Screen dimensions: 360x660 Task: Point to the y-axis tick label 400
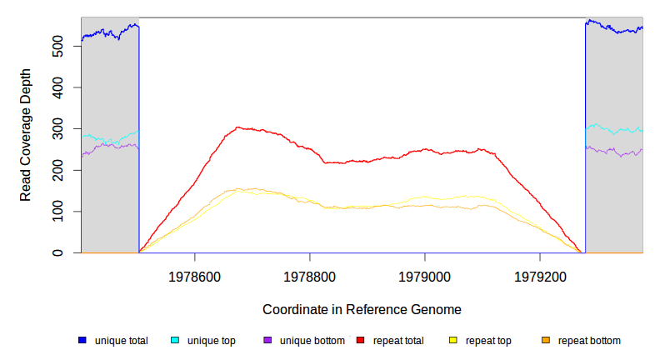63,87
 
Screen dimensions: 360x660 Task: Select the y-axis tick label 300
63,128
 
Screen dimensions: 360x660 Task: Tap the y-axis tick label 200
63,170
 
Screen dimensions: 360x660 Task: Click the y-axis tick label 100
63,211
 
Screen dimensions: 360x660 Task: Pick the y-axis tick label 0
63,252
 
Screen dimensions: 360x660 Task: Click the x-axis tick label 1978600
194,273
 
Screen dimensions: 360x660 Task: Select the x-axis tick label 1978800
310,273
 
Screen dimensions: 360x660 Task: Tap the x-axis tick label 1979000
425,273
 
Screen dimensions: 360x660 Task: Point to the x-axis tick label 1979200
541,273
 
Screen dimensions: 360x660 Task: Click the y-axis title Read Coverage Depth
26,135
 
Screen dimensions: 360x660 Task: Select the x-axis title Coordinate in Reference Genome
362,309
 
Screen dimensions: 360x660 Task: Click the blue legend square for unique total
82,341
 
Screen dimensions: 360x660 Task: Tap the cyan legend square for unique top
175,341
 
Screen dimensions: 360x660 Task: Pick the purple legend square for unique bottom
267,341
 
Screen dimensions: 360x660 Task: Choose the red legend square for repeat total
361,341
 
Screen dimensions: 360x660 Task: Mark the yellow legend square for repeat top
453,341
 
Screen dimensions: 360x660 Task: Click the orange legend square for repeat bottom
546,341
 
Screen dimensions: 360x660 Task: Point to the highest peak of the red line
238,127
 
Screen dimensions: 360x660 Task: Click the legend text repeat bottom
589,341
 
